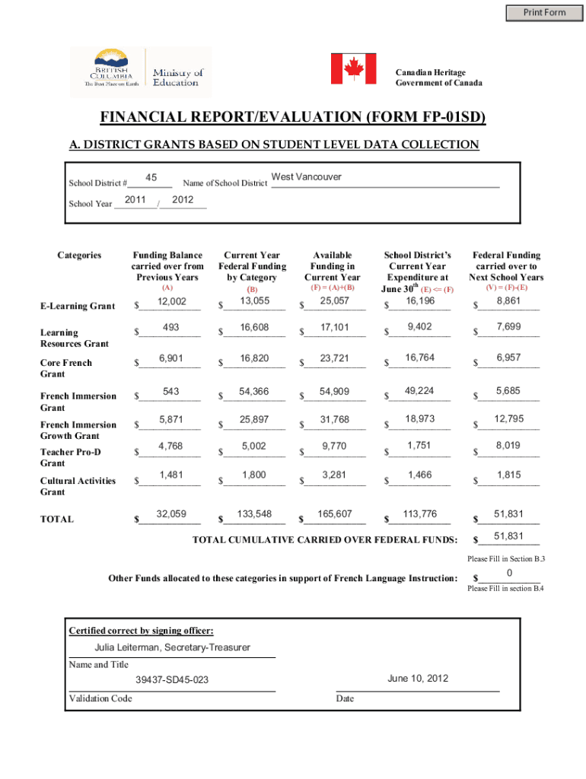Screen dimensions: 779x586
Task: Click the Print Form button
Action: (x=544, y=12)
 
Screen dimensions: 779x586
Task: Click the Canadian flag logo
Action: (x=353, y=69)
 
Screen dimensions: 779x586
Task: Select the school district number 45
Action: (x=151, y=178)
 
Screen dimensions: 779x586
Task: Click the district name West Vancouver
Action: (x=307, y=177)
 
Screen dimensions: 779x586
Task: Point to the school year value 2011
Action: (x=135, y=200)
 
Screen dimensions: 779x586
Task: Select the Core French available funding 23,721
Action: (x=335, y=358)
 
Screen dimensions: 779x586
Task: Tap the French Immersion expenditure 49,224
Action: (x=419, y=391)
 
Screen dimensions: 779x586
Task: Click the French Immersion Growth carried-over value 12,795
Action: (x=508, y=419)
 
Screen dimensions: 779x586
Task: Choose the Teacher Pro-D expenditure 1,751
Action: (x=419, y=446)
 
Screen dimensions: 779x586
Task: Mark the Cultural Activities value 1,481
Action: (x=172, y=475)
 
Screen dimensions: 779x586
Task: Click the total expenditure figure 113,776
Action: (x=419, y=514)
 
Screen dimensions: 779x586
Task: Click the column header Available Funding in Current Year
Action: (x=333, y=266)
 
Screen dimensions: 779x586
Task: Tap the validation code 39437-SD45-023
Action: (x=172, y=679)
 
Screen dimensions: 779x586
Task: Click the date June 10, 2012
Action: (x=418, y=679)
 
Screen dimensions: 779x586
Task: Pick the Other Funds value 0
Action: (x=508, y=572)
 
